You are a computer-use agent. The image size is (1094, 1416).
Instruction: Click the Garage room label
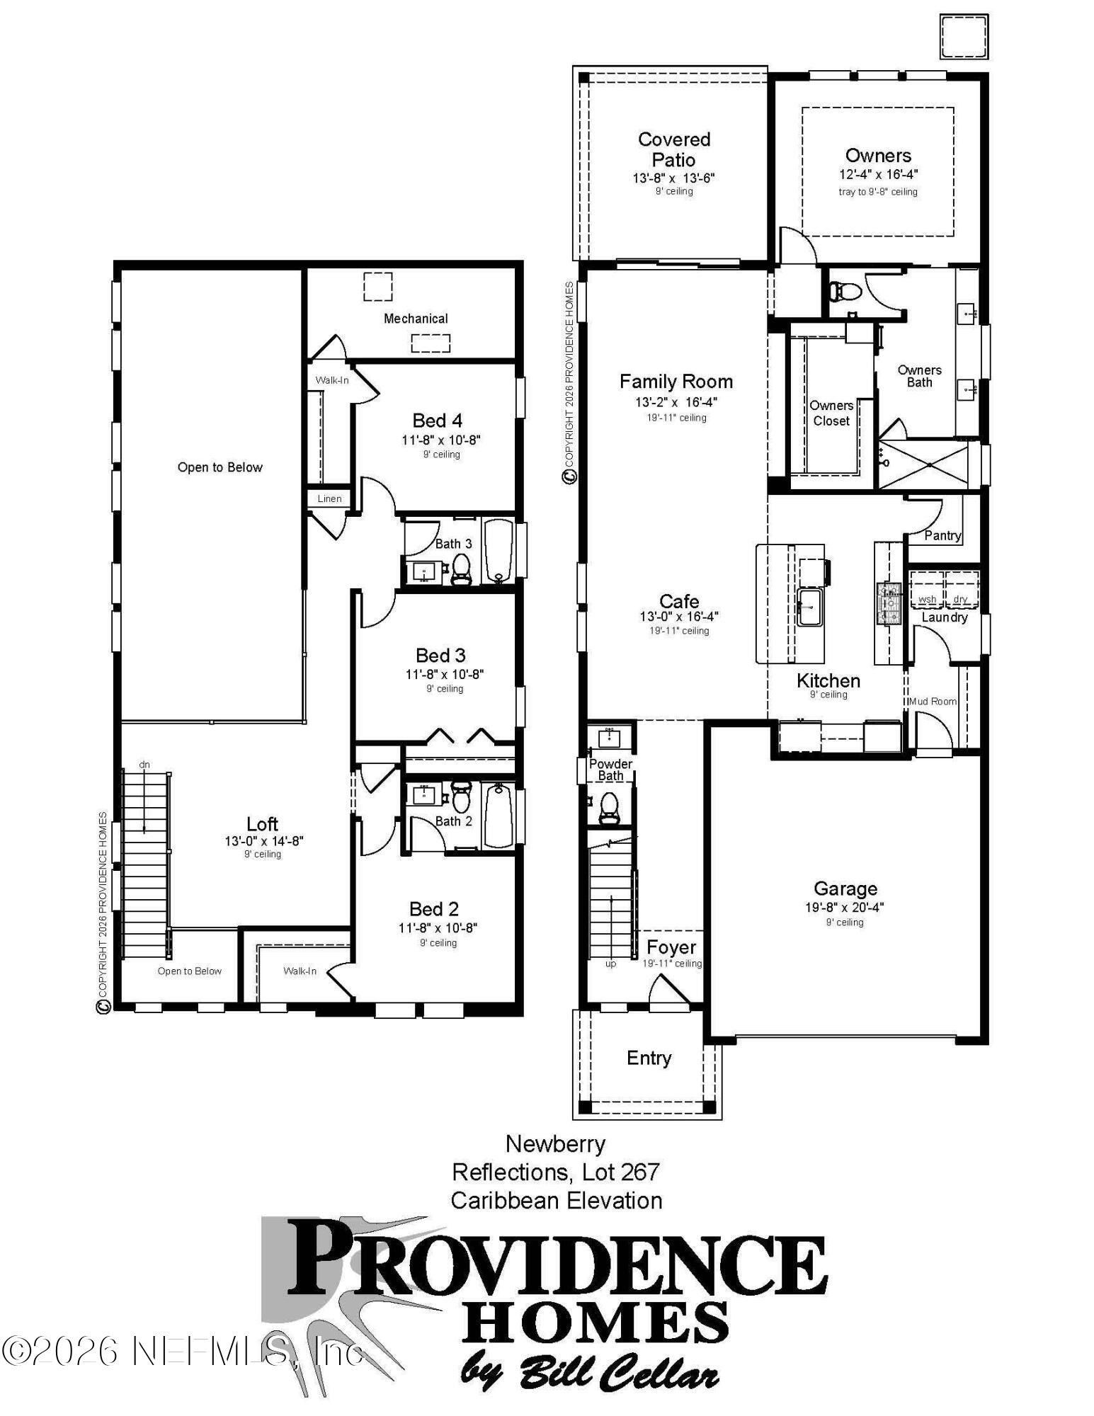pos(845,889)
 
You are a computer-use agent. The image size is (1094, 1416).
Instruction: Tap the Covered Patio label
pos(673,149)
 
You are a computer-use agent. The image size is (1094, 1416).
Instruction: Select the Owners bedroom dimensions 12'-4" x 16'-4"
pos(878,174)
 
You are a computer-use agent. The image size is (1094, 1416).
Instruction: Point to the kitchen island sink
pos(809,607)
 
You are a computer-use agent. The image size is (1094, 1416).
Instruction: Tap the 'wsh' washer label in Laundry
pos(926,599)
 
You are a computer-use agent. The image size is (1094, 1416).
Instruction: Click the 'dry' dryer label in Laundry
pos(960,599)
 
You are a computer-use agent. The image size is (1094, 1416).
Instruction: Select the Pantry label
pos(942,535)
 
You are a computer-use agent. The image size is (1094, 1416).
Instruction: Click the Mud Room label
pos(933,701)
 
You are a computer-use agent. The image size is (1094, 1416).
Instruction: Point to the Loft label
pos(262,823)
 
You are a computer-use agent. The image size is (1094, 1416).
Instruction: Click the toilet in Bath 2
pos(461,798)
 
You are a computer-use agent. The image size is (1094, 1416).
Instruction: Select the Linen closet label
pos(329,498)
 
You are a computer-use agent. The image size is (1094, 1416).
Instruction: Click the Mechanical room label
pos(416,319)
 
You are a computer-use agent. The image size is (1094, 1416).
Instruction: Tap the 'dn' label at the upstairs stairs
pos(144,765)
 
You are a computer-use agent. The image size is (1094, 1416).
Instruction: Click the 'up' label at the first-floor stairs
pos(610,964)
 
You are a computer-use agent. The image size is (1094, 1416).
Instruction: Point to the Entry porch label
pos(649,1058)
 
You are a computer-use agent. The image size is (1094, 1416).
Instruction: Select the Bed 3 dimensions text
pos(445,674)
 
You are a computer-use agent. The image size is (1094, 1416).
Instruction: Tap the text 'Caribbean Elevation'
pos(557,1201)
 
